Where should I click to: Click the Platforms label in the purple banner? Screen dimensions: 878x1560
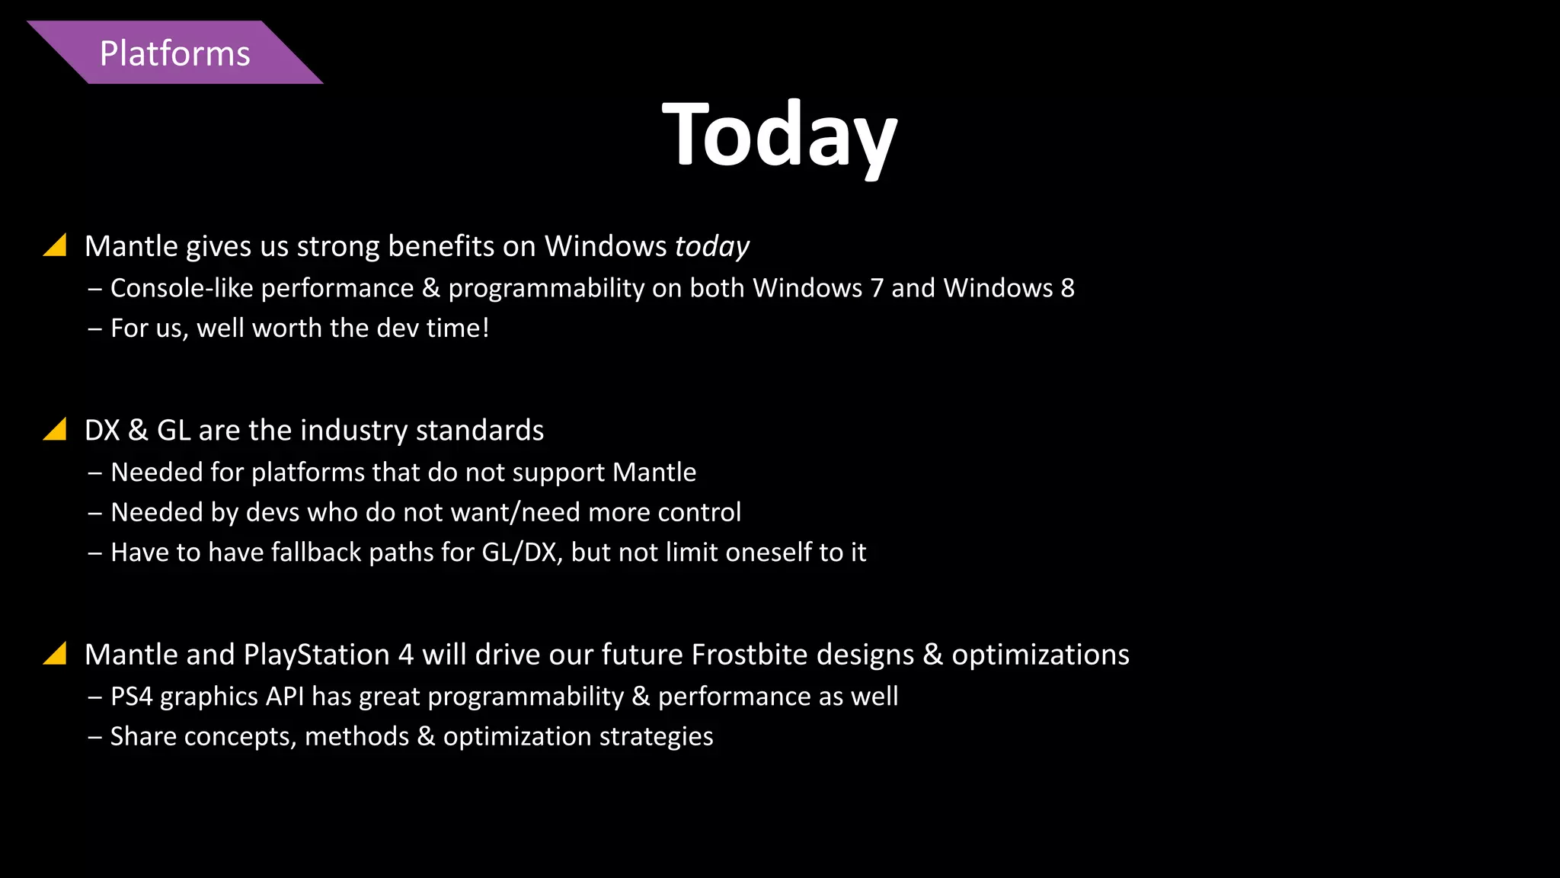174,54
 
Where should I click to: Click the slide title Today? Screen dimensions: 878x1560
779,136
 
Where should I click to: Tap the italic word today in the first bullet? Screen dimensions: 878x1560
711,247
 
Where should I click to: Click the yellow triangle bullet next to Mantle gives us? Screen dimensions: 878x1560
56,245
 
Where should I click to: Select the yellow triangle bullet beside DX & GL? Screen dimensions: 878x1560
56,430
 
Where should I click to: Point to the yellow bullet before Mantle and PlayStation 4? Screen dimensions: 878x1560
56,654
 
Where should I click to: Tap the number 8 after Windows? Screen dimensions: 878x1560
1067,288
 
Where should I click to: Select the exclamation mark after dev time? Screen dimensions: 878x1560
485,328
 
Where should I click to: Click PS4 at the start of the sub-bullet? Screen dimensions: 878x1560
131,697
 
